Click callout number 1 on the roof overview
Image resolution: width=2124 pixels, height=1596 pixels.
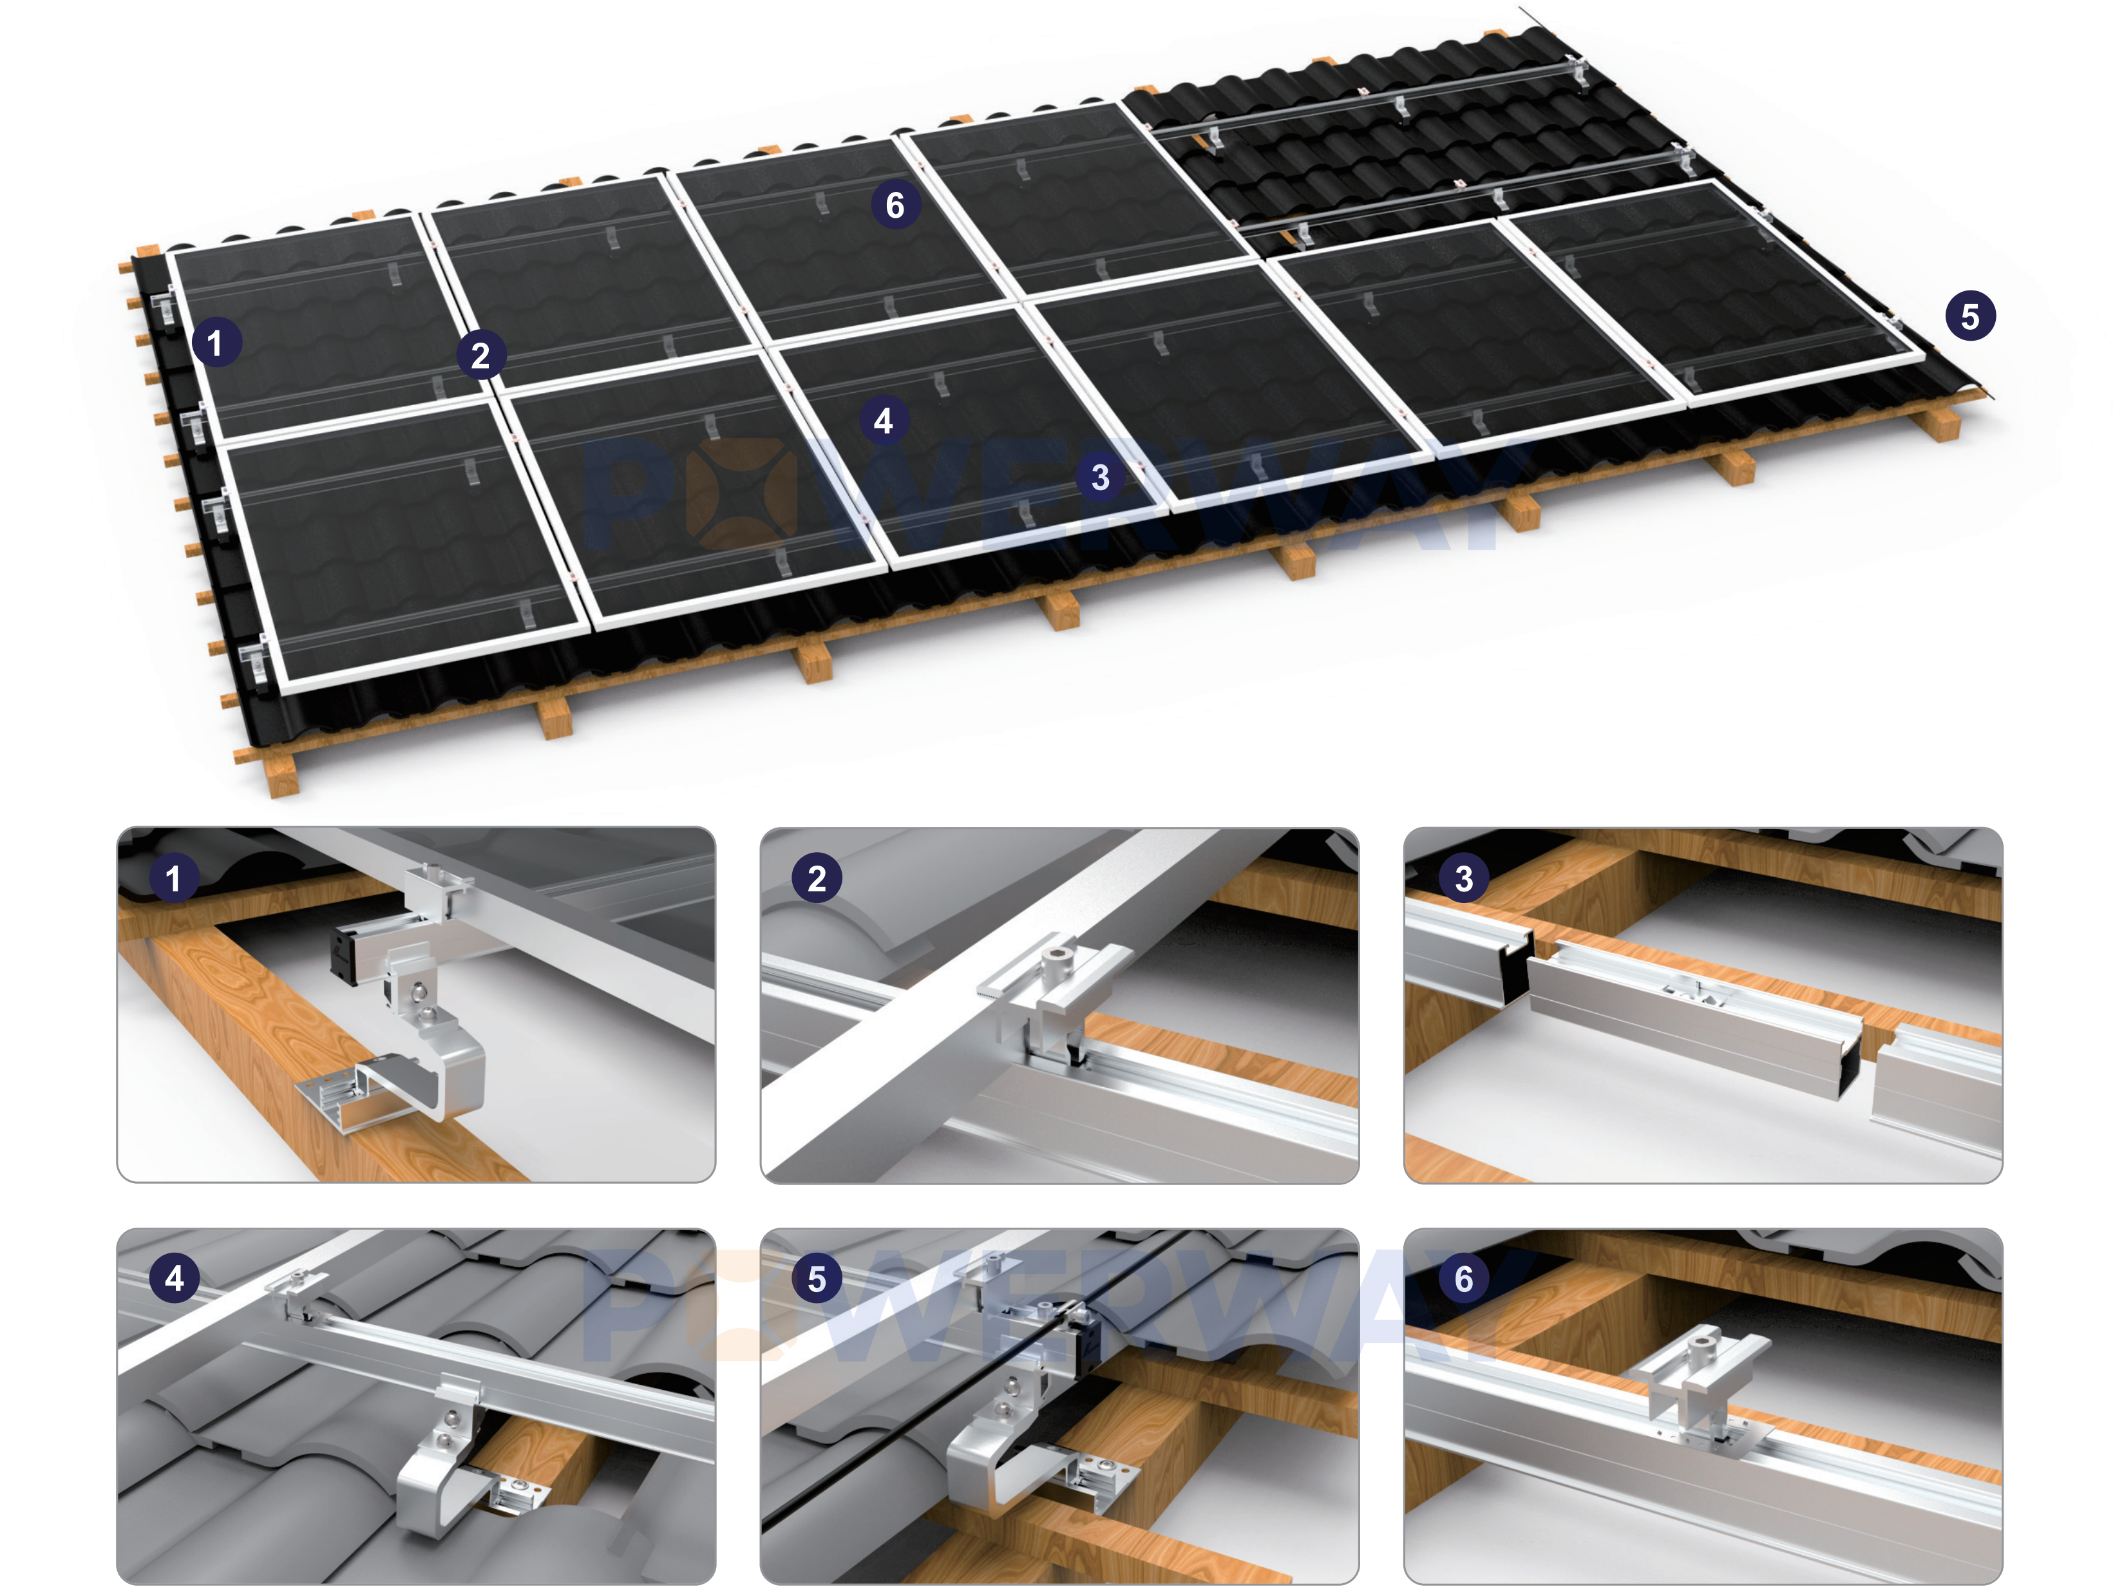[x=215, y=343]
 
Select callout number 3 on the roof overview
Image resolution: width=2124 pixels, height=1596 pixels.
[x=1101, y=477]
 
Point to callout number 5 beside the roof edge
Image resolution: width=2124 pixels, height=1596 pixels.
[x=1970, y=316]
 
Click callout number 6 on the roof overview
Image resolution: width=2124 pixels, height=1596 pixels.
[x=895, y=205]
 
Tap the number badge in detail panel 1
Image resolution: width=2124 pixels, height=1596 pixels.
[x=174, y=879]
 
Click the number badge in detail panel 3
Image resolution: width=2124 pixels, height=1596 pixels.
[x=1463, y=879]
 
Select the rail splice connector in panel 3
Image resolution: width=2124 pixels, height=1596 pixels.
[x=1695, y=1018]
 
